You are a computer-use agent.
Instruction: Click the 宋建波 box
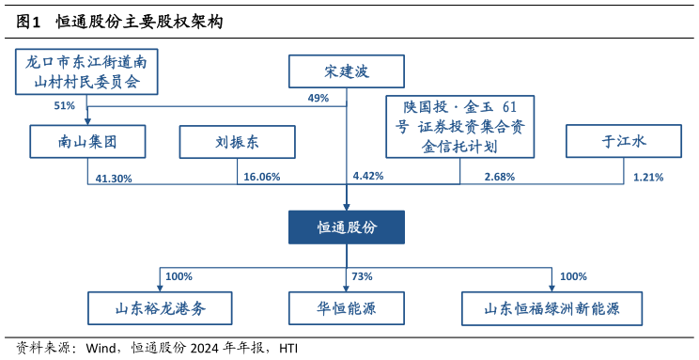pyautogui.click(x=346, y=71)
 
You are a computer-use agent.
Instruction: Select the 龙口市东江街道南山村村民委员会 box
pyautogui.click(x=86, y=72)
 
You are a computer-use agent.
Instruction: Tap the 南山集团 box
pyautogui.click(x=87, y=142)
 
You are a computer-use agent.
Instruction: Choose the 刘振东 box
pyautogui.click(x=237, y=142)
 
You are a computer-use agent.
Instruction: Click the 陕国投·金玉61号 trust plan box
pyautogui.click(x=460, y=126)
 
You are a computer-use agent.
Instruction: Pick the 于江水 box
pyautogui.click(x=624, y=142)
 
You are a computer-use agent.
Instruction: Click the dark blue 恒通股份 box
pyautogui.click(x=346, y=227)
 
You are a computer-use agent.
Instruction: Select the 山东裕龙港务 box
pyautogui.click(x=159, y=307)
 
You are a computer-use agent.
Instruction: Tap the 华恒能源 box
pyautogui.click(x=346, y=307)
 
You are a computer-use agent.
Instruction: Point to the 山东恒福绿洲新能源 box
pyautogui.click(x=552, y=307)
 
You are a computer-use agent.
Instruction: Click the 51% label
pyautogui.click(x=64, y=106)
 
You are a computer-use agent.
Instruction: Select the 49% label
pyautogui.click(x=318, y=99)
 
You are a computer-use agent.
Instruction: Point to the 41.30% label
pyautogui.click(x=114, y=177)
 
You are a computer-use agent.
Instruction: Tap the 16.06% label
pyautogui.click(x=261, y=177)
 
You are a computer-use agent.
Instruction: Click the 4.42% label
pyautogui.click(x=367, y=176)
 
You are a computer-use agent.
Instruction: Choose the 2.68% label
pyautogui.click(x=500, y=177)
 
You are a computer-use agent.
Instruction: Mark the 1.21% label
pyautogui.click(x=648, y=177)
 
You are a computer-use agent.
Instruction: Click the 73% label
pyautogui.click(x=362, y=276)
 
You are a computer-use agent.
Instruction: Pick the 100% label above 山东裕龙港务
pyautogui.click(x=179, y=276)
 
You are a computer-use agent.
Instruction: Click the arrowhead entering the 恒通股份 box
pyautogui.click(x=347, y=206)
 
